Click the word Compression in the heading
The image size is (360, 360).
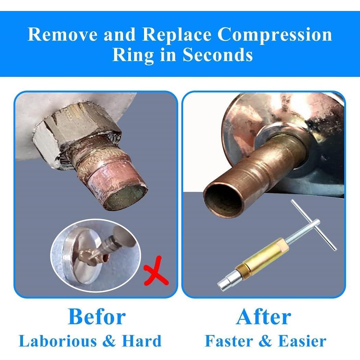275,34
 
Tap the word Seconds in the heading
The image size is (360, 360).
218,55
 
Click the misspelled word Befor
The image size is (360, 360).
97,317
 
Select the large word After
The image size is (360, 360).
263,317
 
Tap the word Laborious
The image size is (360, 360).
58,341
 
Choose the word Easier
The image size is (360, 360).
302,341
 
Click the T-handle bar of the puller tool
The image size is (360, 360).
314,225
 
